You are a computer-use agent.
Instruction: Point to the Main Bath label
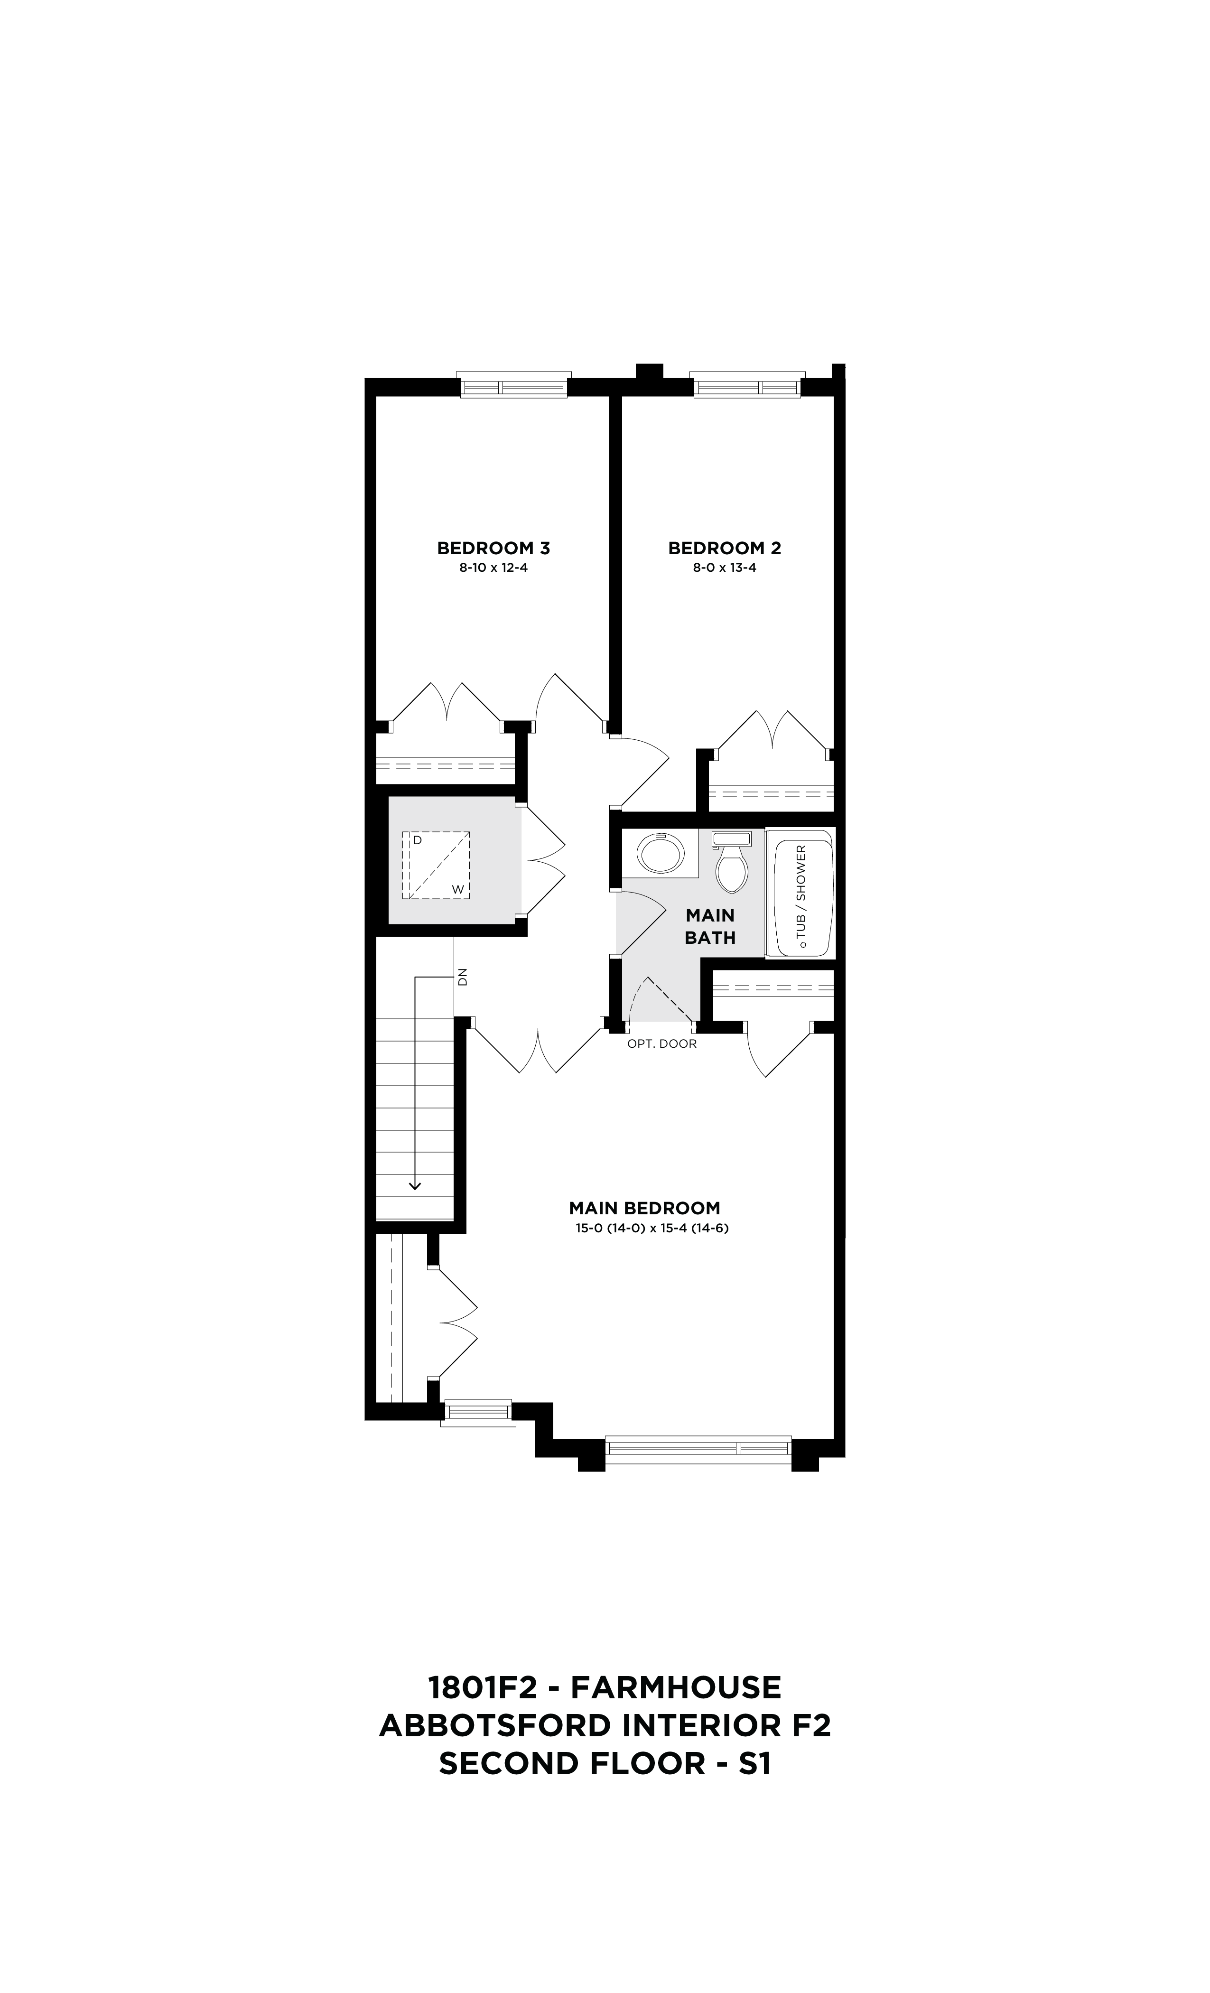click(x=710, y=927)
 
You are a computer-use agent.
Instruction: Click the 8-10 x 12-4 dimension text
click(x=493, y=568)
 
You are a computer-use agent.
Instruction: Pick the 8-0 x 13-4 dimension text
click(x=724, y=568)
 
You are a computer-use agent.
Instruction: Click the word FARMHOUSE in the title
click(x=676, y=1688)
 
